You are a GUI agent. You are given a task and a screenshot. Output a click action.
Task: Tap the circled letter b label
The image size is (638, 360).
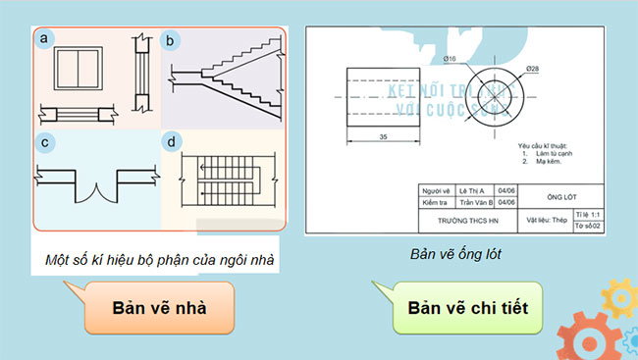coord(170,40)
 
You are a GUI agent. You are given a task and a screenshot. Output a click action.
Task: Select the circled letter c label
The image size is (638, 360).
coord(45,142)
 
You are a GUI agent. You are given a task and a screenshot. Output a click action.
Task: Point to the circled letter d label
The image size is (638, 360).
coord(172,142)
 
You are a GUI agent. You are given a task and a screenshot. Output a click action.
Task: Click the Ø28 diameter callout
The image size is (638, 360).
coord(530,69)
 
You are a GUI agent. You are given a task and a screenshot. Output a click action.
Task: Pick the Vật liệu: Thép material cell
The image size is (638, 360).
coord(547,220)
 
